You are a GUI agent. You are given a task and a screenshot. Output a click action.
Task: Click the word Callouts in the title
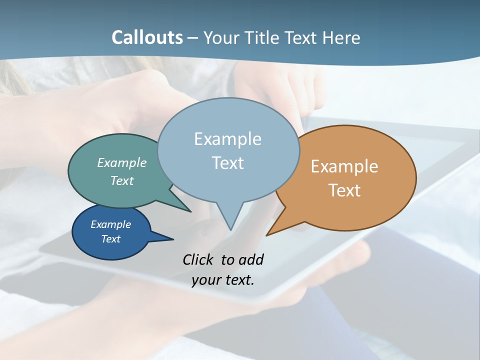(147, 37)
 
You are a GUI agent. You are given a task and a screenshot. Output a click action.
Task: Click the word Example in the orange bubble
(344, 166)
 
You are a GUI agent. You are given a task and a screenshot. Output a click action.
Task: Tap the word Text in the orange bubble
(344, 190)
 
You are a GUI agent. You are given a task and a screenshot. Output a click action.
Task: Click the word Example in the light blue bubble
(227, 139)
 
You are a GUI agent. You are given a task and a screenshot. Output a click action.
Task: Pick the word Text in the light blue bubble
(227, 163)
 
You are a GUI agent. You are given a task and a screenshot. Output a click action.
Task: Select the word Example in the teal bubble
(122, 162)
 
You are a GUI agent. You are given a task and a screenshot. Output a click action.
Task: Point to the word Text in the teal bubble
(122, 180)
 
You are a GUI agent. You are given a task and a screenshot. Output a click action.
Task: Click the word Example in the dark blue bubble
(110, 224)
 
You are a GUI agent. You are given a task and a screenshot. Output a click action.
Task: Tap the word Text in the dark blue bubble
(110, 239)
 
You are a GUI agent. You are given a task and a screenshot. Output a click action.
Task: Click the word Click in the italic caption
(199, 259)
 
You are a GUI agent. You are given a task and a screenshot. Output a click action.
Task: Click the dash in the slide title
(193, 38)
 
